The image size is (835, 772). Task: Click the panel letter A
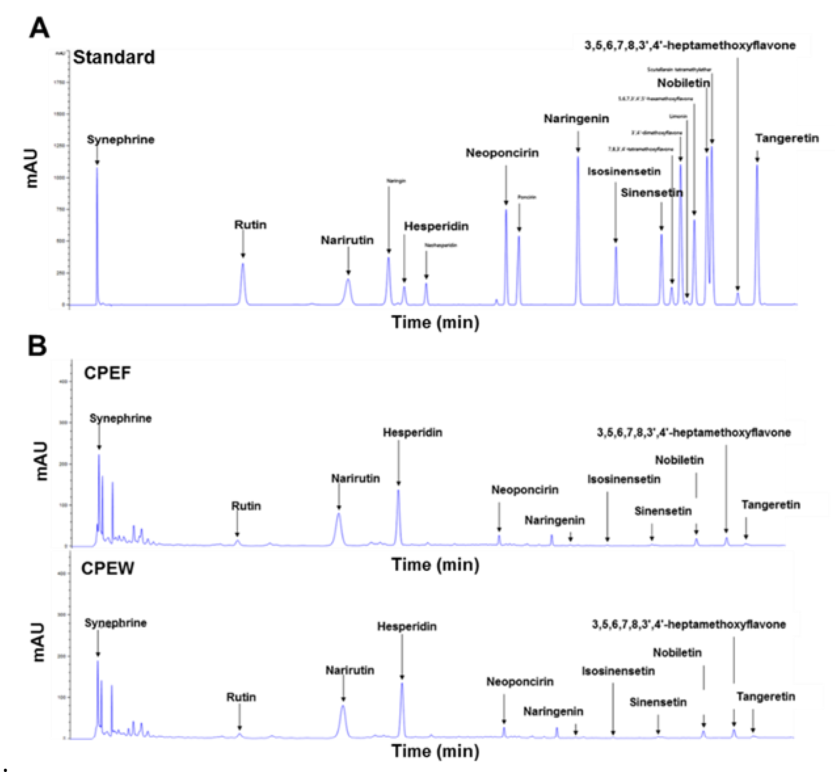[x=39, y=29]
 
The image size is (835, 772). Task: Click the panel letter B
[x=37, y=346]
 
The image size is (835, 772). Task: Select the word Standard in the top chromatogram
[x=114, y=57]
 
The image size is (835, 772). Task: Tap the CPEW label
[x=107, y=568]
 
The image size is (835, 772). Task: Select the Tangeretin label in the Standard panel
[x=786, y=138]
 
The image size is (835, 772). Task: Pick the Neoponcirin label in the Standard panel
[x=502, y=153]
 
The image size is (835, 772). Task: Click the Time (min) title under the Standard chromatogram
[x=435, y=323]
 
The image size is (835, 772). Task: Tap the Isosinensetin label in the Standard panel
[x=624, y=171]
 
